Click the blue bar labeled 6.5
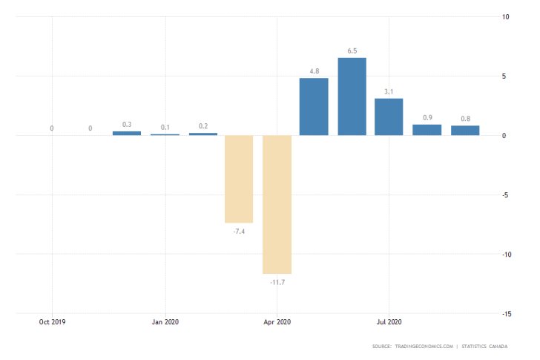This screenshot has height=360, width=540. click(x=352, y=96)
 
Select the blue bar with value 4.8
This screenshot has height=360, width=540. click(x=314, y=106)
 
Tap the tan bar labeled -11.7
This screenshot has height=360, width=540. click(x=276, y=204)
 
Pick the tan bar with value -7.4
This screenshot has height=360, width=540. click(x=239, y=179)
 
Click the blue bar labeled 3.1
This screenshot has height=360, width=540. click(x=389, y=117)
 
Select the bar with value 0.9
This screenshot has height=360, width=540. click(x=427, y=130)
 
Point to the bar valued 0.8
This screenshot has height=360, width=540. click(x=465, y=131)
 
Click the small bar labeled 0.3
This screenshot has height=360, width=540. click(x=127, y=133)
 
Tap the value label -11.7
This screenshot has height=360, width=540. click(x=276, y=282)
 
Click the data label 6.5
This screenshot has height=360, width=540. click(x=352, y=50)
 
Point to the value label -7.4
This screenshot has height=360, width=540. click(x=239, y=232)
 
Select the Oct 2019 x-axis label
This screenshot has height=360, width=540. click(x=52, y=322)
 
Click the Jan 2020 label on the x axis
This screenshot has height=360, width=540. click(x=165, y=322)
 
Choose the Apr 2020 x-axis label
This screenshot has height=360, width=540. click(x=277, y=322)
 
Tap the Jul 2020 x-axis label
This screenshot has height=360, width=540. click(x=389, y=322)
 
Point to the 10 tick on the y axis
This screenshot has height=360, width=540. click(x=504, y=17)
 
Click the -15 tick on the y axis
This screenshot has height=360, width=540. click(x=504, y=314)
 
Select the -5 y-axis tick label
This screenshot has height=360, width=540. click(x=504, y=195)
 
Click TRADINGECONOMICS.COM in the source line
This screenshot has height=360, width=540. click(x=424, y=347)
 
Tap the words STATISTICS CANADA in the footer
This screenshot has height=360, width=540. click(x=487, y=347)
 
